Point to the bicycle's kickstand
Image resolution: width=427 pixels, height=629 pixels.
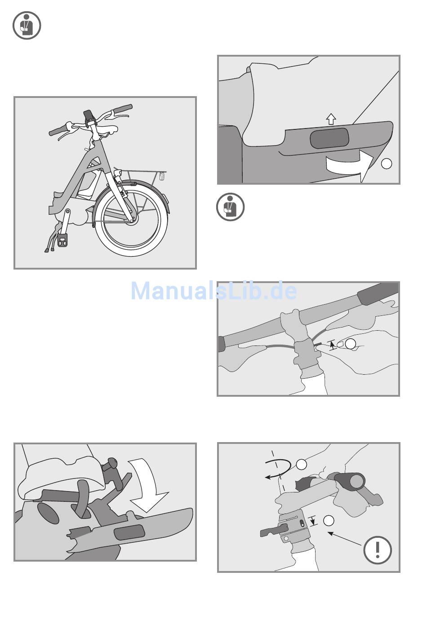click(x=53, y=237)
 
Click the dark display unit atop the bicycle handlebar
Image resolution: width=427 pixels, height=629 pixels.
click(x=89, y=115)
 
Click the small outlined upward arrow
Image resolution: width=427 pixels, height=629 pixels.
click(x=331, y=119)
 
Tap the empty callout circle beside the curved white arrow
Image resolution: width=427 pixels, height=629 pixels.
click(x=386, y=164)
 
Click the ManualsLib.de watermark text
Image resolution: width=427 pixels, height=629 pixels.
click(x=214, y=291)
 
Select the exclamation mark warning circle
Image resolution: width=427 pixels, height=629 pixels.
click(x=377, y=556)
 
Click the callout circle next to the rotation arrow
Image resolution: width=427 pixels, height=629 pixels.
click(x=302, y=465)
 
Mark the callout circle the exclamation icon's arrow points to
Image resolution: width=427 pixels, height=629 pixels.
click(x=329, y=521)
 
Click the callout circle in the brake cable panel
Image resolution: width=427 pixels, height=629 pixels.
click(x=350, y=344)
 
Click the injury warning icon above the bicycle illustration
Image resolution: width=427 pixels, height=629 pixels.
click(x=27, y=25)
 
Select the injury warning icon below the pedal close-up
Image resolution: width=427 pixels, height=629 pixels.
click(x=230, y=207)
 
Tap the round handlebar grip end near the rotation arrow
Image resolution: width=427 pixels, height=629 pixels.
click(x=356, y=483)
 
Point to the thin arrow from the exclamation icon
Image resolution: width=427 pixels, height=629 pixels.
click(x=345, y=539)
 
